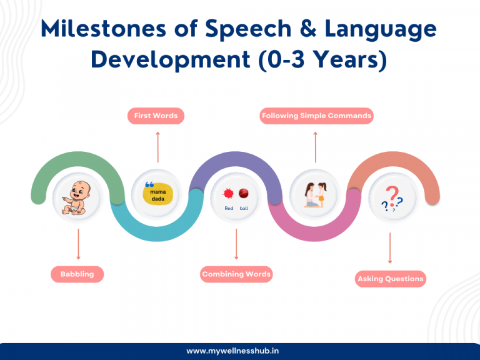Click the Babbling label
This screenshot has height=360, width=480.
click(x=77, y=274)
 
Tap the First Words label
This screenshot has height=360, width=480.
click(x=156, y=116)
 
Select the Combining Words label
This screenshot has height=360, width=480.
click(x=236, y=274)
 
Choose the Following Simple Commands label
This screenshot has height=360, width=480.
click(x=316, y=116)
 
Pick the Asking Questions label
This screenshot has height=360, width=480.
click(x=391, y=279)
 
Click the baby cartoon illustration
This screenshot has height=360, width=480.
click(x=76, y=197)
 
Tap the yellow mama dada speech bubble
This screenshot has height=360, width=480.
click(x=157, y=194)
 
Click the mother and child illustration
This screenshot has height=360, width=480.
click(x=316, y=195)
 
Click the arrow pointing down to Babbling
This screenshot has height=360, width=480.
click(x=78, y=244)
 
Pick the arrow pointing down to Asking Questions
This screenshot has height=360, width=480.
click(x=390, y=248)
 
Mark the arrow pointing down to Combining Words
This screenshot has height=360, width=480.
click(x=236, y=244)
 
